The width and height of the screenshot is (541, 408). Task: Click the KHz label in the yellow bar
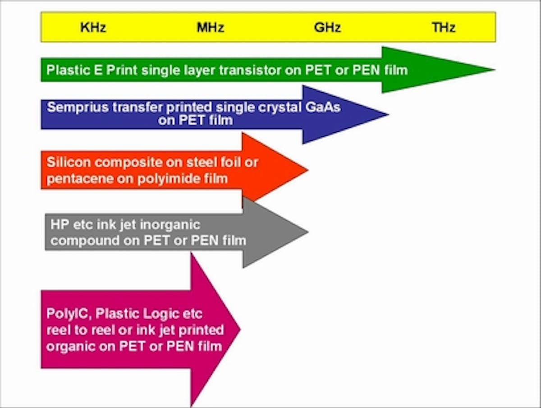[x=93, y=27]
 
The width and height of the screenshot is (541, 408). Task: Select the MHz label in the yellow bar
[x=211, y=27]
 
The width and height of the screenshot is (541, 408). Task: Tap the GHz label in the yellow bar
[x=327, y=27]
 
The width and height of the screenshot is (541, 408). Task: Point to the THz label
[x=444, y=27]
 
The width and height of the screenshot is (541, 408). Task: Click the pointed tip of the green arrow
[x=495, y=70]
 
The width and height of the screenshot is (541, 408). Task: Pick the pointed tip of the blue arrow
[x=389, y=114]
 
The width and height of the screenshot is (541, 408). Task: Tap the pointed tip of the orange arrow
[x=308, y=170]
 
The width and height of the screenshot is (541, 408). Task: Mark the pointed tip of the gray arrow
[x=308, y=232]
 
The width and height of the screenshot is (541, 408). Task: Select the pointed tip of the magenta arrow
[x=240, y=329]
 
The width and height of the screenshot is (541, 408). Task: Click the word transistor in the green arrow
[x=250, y=70]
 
